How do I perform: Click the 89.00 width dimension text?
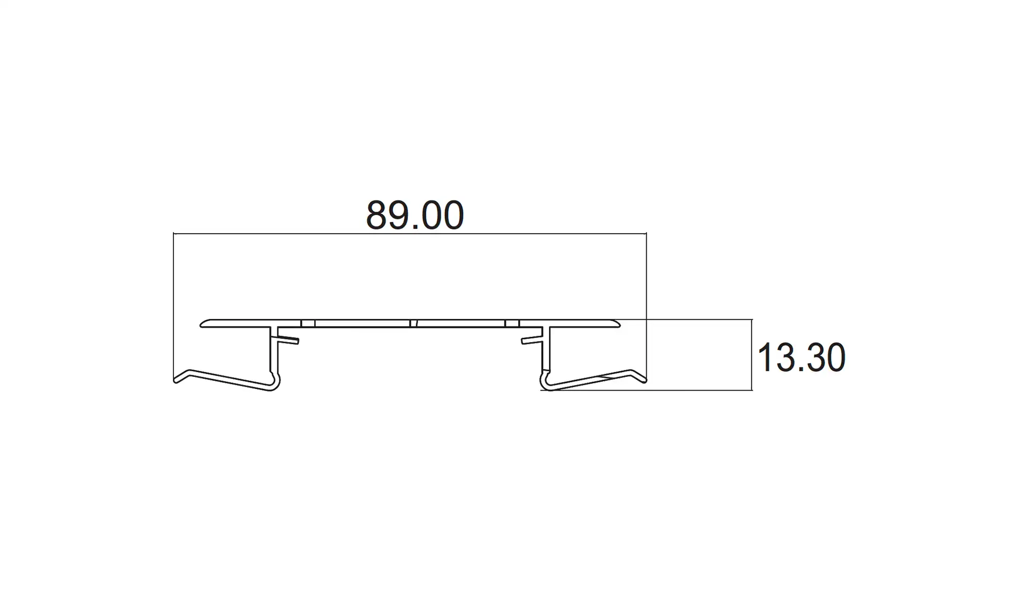[x=415, y=215]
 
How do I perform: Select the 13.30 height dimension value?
[x=801, y=358]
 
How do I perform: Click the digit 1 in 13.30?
[x=764, y=358]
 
